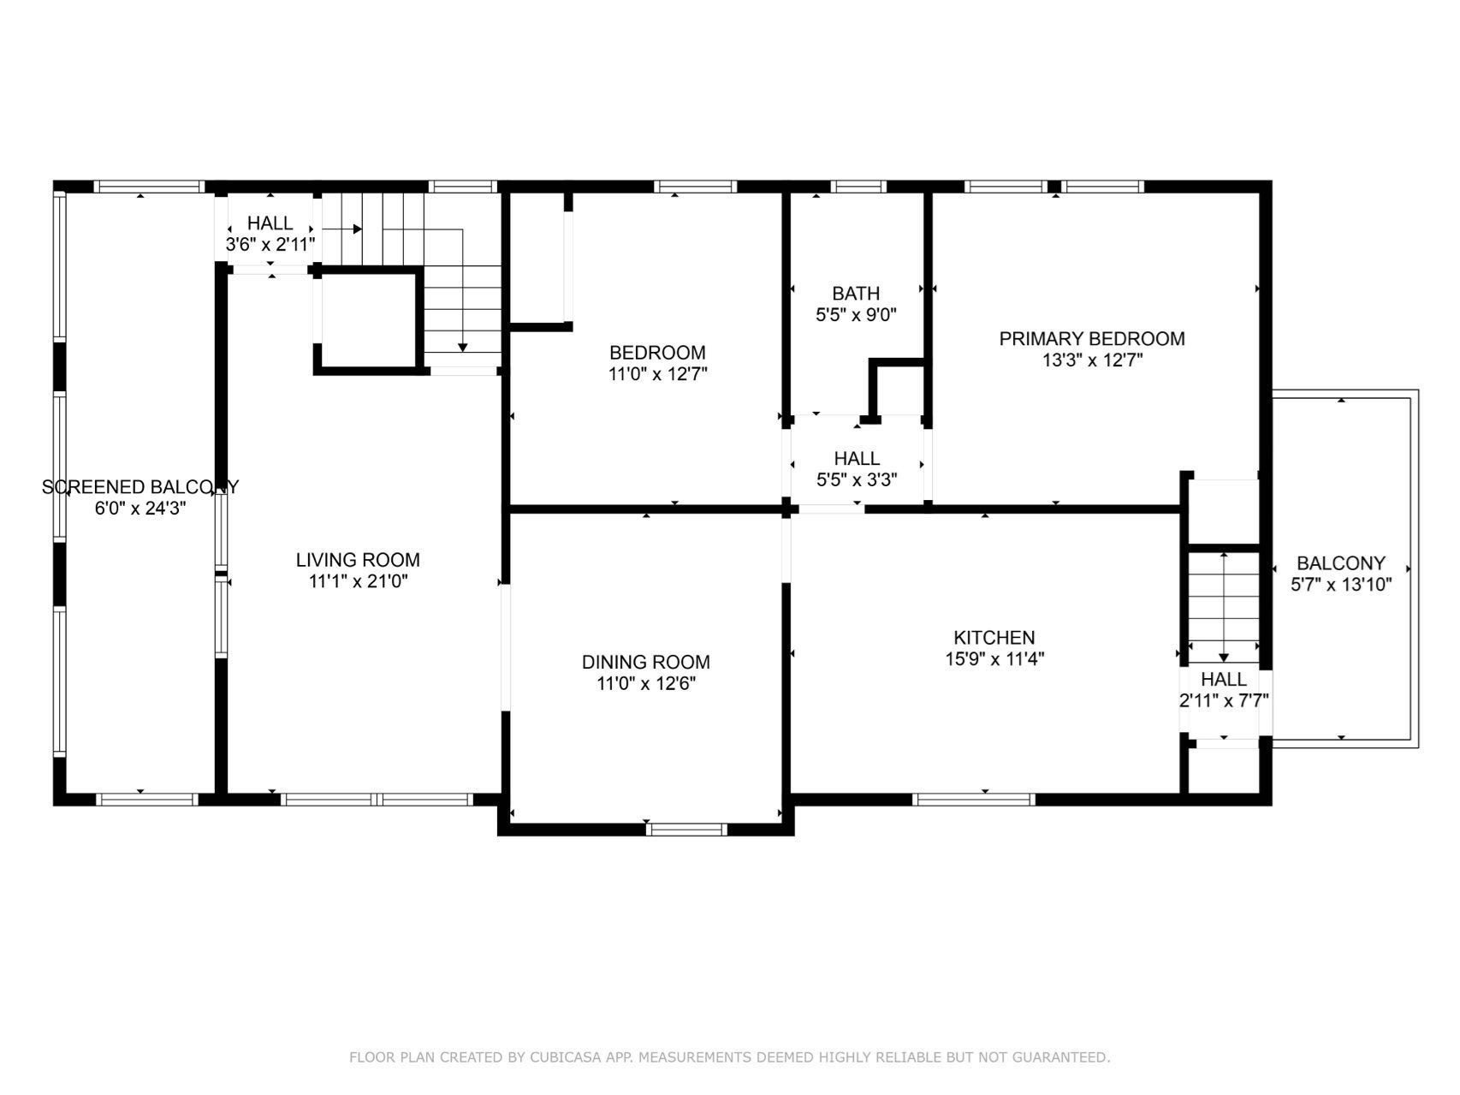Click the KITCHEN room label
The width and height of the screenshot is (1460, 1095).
tap(994, 638)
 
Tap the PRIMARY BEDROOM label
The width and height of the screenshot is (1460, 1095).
tap(1092, 339)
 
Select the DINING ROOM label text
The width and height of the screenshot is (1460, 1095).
tap(645, 662)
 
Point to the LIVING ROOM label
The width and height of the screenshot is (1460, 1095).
tap(358, 560)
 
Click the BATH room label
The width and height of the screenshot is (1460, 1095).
tap(855, 294)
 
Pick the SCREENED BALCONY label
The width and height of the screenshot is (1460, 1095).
tap(140, 487)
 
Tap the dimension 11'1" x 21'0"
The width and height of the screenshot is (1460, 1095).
tap(358, 582)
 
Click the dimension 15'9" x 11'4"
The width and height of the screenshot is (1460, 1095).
tap(994, 659)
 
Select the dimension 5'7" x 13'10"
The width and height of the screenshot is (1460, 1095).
tap(1341, 586)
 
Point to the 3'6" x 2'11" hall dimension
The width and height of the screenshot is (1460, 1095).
tap(270, 245)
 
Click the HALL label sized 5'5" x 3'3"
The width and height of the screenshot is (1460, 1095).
tap(857, 459)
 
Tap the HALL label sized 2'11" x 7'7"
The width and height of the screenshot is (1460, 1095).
tap(1223, 680)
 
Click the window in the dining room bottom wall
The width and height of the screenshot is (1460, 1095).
tap(686, 829)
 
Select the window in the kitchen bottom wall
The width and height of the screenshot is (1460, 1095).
tap(974, 800)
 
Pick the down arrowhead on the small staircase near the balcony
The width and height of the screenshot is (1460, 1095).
tap(1224, 658)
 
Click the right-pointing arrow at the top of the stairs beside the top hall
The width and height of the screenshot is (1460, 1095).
tap(356, 229)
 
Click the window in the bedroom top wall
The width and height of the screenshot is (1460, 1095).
tap(696, 187)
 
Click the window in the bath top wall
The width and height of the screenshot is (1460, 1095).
tap(858, 187)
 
